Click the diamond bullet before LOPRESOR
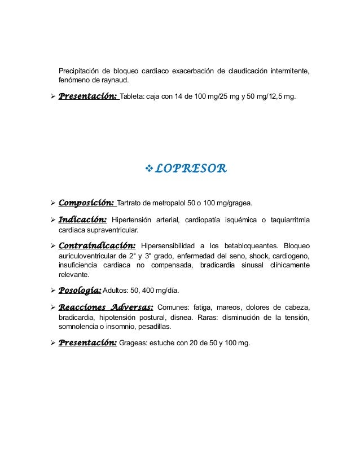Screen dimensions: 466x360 point(149,168)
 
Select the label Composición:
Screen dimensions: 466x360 point(87,203)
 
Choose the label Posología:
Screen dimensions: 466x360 point(80,291)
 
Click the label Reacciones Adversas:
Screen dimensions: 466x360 point(106,307)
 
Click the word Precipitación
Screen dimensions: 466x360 point(80,71)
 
